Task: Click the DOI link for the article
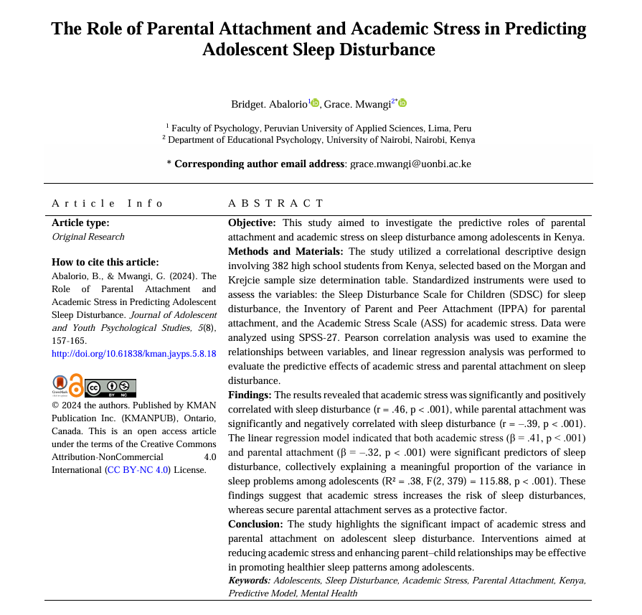134,354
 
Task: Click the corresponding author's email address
410,164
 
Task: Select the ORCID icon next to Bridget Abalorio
315,103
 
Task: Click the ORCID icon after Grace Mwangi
402,103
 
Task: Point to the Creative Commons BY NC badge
111,388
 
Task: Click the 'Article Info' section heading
108,203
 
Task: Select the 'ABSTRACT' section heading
275,203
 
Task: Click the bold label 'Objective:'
252,223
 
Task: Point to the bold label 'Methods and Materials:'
285,251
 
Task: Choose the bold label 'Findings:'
250,395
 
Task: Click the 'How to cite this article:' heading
105,262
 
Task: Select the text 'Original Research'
88,237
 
